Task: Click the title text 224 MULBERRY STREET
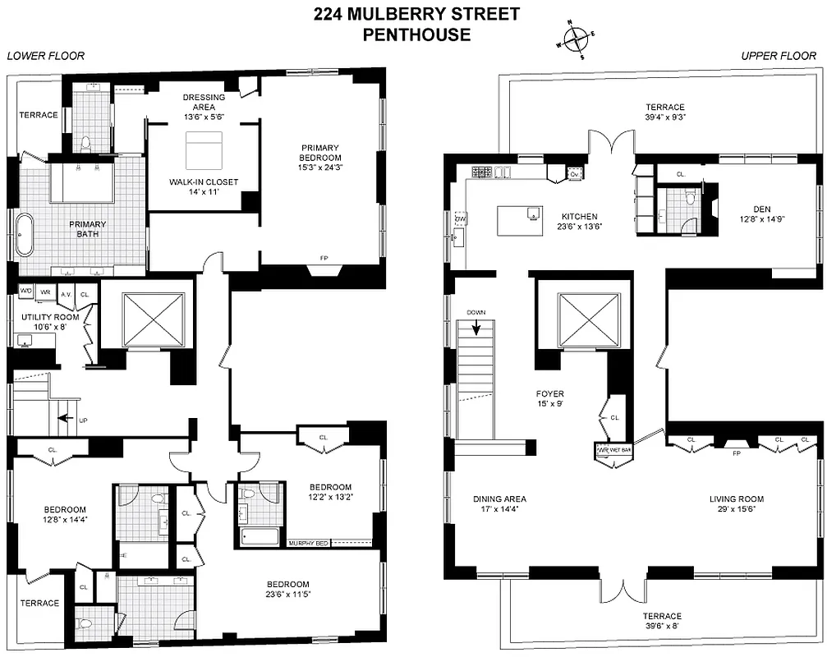[417, 14]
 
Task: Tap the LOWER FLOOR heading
[45, 56]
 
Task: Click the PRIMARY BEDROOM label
[320, 153]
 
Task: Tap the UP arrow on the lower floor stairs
[64, 419]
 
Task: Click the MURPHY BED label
[307, 543]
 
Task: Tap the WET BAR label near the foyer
[610, 451]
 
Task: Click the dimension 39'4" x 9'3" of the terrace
[665, 117]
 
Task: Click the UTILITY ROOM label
[38, 315]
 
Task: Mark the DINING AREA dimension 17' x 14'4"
[499, 510]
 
